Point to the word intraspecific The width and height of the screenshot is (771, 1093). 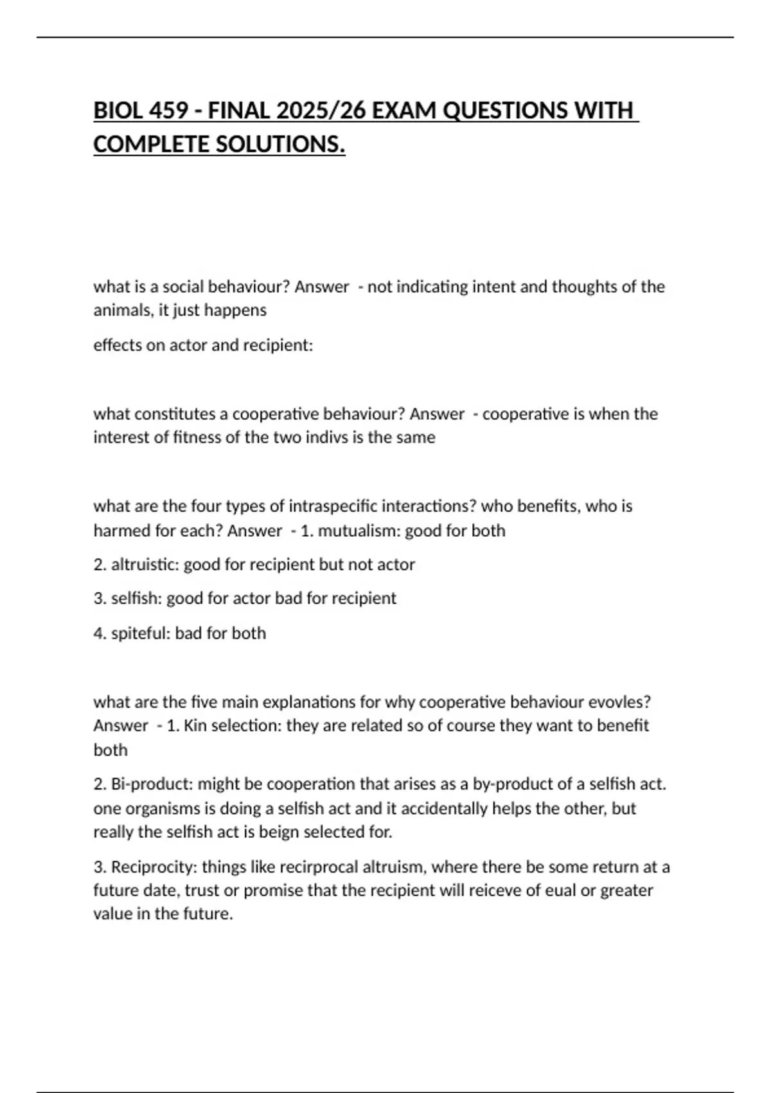tap(333, 507)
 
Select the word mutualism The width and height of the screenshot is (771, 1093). tap(359, 531)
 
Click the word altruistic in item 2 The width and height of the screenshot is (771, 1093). tap(145, 565)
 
